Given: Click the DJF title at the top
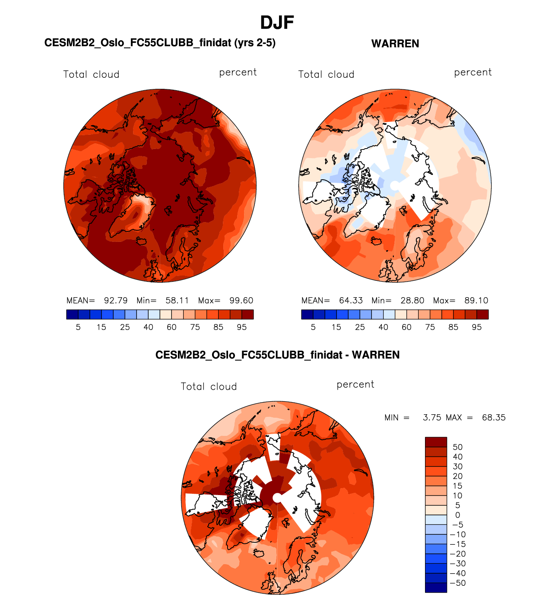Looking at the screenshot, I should (277, 22).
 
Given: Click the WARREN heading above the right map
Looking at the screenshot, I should (395, 44).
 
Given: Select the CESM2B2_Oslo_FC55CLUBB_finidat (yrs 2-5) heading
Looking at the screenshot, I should (160, 43).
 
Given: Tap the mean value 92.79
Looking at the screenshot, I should (115, 301).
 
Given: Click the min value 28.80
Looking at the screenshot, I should (412, 301).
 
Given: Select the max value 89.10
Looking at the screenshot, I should (476, 301).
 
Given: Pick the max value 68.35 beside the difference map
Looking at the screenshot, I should (493, 418).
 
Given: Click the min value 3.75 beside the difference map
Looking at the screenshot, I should (432, 418).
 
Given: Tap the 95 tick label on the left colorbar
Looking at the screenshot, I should (241, 327).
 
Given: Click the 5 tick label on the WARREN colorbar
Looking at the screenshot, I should (313, 327).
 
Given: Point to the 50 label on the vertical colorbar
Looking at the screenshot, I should (457, 447).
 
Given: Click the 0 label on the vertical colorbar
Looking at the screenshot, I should (457, 515).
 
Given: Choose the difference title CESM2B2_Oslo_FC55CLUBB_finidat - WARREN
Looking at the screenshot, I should (277, 355).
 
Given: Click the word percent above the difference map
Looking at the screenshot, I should (355, 384).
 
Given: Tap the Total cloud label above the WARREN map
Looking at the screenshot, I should (326, 74).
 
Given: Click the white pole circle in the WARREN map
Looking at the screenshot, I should (394, 186).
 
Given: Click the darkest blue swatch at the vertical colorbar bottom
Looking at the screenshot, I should (436, 587).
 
